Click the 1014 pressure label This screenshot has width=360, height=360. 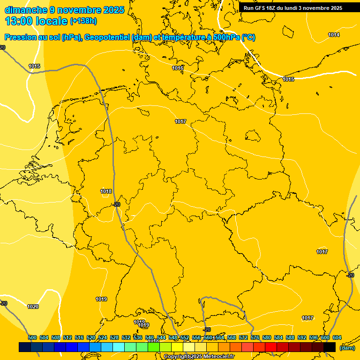[x=334, y=35]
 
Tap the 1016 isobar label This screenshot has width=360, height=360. [x=178, y=68]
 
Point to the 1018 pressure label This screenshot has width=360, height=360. [x=106, y=191]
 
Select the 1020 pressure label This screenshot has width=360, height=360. [x=33, y=307]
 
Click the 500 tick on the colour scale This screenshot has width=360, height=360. [x=32, y=338]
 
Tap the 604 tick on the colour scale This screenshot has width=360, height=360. [x=337, y=338]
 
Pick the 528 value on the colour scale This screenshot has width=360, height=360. [x=114, y=338]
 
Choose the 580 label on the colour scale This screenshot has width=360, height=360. [x=267, y=338]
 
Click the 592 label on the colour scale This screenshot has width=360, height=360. [x=302, y=338]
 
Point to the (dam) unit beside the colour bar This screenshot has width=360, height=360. [x=346, y=348]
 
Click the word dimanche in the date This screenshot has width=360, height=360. [x=26, y=9]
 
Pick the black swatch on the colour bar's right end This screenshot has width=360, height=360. [x=329, y=347]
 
